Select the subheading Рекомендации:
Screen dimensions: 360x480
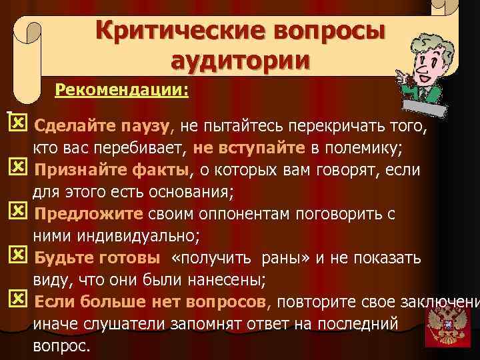[x=122, y=89]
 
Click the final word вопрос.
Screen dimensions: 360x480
[x=61, y=347]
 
